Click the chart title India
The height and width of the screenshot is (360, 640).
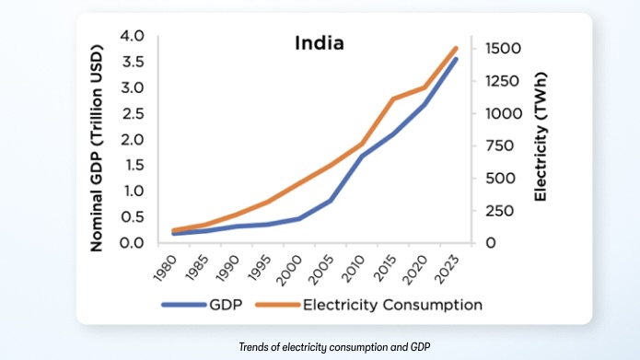coord(319,43)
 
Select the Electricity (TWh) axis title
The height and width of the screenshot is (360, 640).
coord(541,140)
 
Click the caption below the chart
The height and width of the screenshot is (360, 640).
coord(320,346)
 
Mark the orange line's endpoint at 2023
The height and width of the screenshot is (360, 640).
coord(456,48)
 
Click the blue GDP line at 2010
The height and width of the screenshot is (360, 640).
coord(361,157)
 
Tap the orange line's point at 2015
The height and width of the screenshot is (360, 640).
coord(393,99)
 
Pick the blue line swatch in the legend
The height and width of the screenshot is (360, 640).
coord(180,304)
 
